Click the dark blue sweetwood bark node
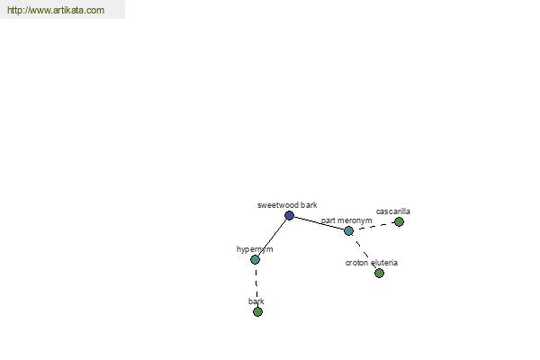click(289, 216)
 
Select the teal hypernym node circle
click(255, 259)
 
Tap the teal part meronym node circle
click(348, 230)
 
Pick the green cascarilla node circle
click(399, 222)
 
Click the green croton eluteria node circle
click(379, 274)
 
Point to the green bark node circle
click(257, 311)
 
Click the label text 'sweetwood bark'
click(287, 205)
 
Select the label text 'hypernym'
click(255, 249)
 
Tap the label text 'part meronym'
click(346, 220)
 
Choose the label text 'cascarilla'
click(393, 211)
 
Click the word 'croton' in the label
click(356, 263)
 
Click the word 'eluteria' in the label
click(384, 263)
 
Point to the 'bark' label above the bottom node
click(256, 301)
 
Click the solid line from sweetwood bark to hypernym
click(272, 238)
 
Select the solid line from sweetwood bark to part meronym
click(319, 223)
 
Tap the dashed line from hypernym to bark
click(256, 285)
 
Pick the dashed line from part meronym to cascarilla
click(373, 226)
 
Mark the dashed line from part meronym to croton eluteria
click(364, 252)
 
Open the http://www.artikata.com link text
click(56, 10)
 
